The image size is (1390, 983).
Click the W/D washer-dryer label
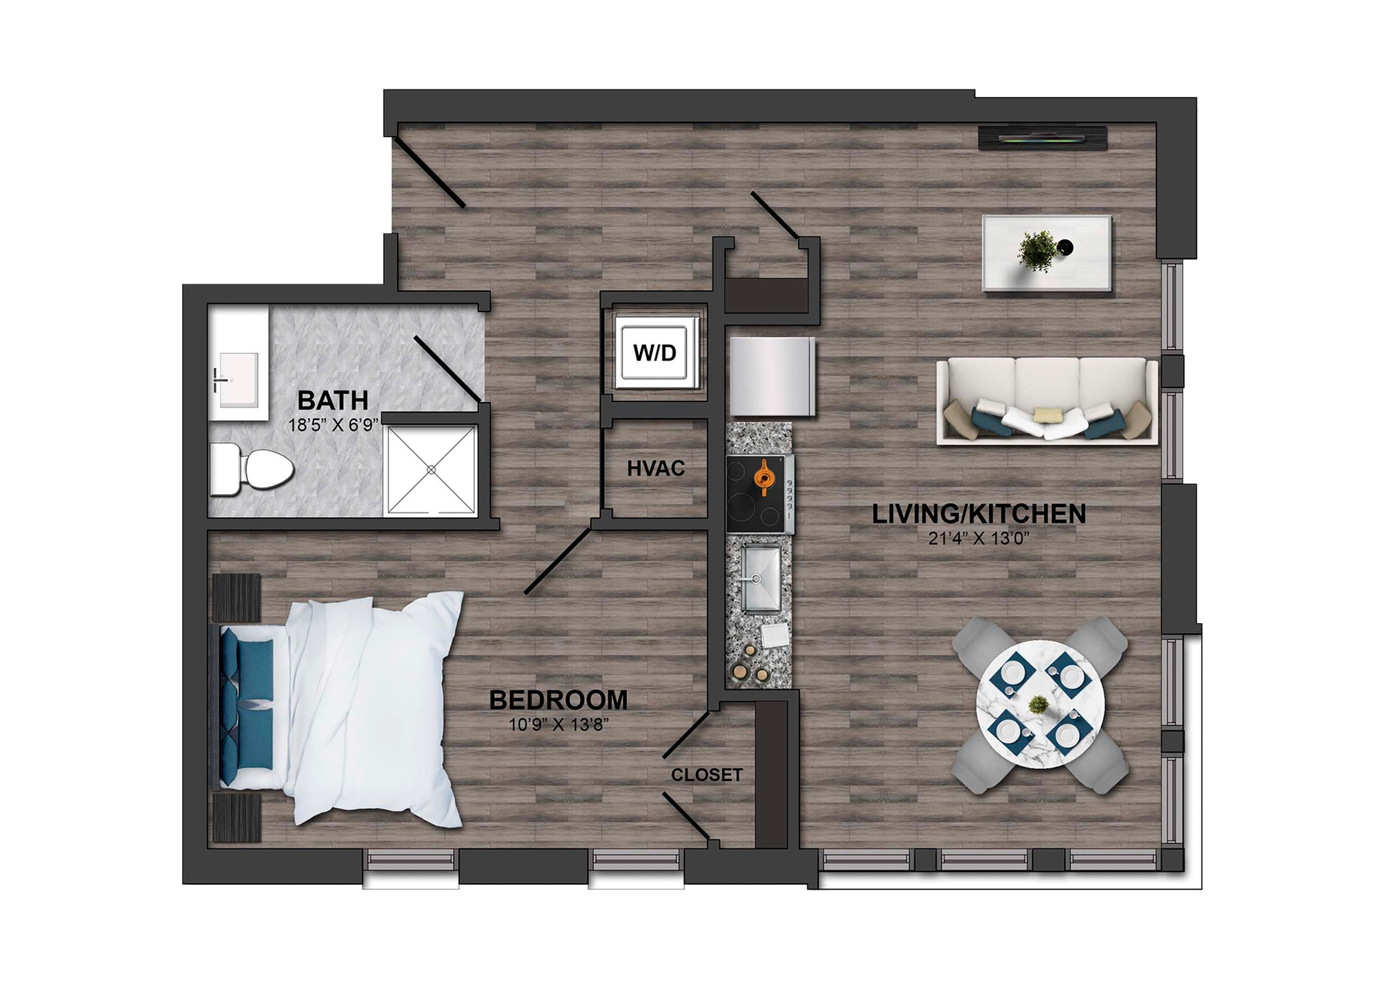[x=655, y=352]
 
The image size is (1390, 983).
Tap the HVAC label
[x=656, y=468]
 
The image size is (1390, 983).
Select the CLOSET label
[x=706, y=775]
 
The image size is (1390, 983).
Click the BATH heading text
[x=333, y=400]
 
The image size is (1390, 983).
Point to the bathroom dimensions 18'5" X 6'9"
[x=333, y=425]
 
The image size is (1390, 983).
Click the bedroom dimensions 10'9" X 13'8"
[x=558, y=725]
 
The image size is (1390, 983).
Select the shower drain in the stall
[x=431, y=469]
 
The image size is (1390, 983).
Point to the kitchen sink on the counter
[x=761, y=578]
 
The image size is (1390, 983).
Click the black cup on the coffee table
[x=1065, y=247]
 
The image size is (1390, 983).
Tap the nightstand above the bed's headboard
[x=237, y=597]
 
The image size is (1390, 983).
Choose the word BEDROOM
[x=558, y=700]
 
